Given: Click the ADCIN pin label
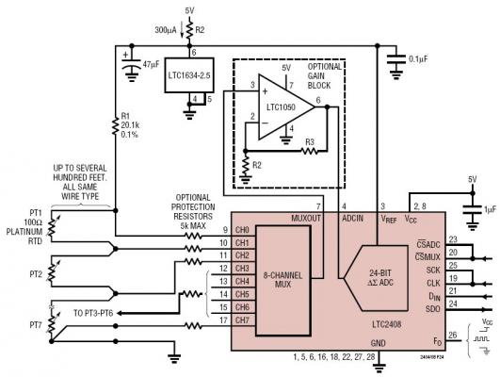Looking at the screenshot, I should click(x=351, y=218).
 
